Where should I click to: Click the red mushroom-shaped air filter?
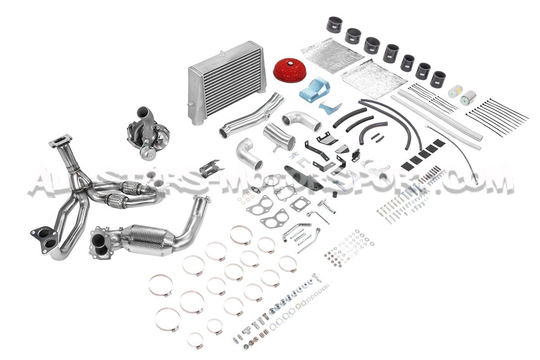point(290,69)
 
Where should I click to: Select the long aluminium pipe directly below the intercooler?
point(251,116)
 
